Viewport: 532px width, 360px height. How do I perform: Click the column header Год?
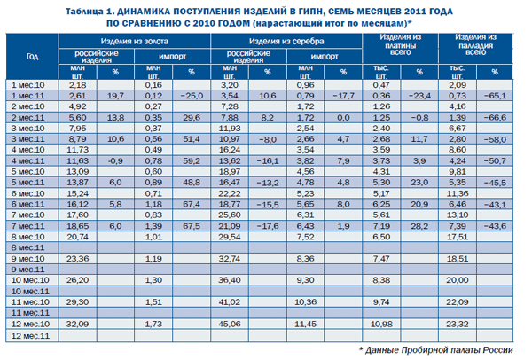coord(33,56)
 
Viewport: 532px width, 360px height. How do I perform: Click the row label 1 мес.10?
coord(33,84)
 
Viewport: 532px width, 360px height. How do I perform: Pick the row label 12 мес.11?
coord(33,337)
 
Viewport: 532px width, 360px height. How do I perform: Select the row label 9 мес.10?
coord(33,258)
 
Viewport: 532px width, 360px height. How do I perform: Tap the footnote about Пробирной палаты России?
coord(440,351)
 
